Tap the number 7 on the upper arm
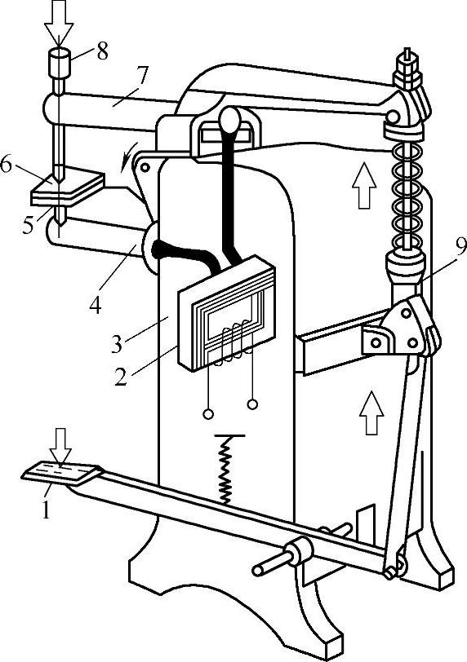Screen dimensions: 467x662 (x=142, y=76)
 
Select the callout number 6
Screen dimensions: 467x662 (x=6, y=164)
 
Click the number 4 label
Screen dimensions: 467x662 (x=95, y=305)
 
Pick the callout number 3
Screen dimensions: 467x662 (x=117, y=344)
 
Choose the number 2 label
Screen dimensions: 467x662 (x=121, y=377)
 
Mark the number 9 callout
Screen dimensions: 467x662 (x=460, y=246)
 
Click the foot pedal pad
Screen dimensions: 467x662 (x=62, y=472)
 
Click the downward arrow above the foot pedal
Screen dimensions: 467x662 (x=61, y=447)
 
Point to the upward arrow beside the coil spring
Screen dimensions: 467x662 (x=364, y=186)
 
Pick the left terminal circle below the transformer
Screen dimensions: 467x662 (x=208, y=414)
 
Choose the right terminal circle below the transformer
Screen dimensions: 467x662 (x=252, y=404)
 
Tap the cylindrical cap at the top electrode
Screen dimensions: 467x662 (x=60, y=63)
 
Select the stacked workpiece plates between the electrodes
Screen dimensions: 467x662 (x=67, y=187)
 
